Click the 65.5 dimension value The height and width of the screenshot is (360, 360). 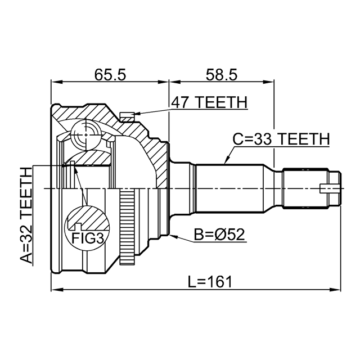[110, 74]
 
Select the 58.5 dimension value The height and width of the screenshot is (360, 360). [221, 74]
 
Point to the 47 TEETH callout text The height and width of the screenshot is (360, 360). [209, 102]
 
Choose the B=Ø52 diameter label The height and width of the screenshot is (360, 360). [219, 235]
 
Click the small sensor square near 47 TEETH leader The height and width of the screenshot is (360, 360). [128, 116]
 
